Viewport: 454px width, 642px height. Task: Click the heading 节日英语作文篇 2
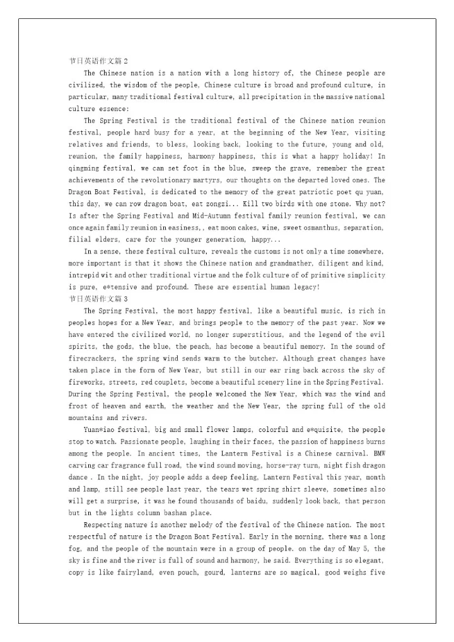[98, 61]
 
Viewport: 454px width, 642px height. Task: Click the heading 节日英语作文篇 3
[98, 299]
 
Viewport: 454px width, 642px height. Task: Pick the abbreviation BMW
[378, 453]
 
